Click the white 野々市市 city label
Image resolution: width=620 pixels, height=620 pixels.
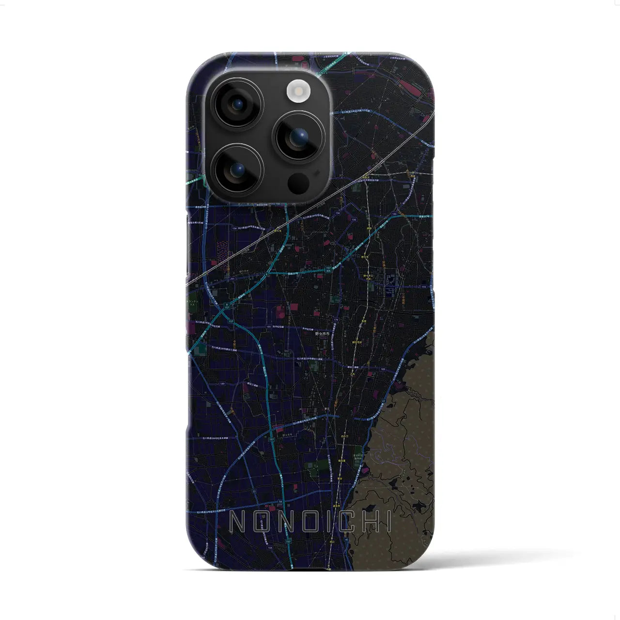[x=322, y=334]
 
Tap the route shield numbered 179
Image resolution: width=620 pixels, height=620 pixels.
[x=335, y=319]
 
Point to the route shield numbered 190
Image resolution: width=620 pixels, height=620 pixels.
[x=268, y=326]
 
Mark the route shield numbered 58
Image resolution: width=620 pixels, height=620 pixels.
[x=280, y=502]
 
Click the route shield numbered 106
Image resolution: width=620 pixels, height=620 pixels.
[x=354, y=219]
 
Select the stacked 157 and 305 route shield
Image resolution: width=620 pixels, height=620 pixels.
[x=328, y=269]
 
